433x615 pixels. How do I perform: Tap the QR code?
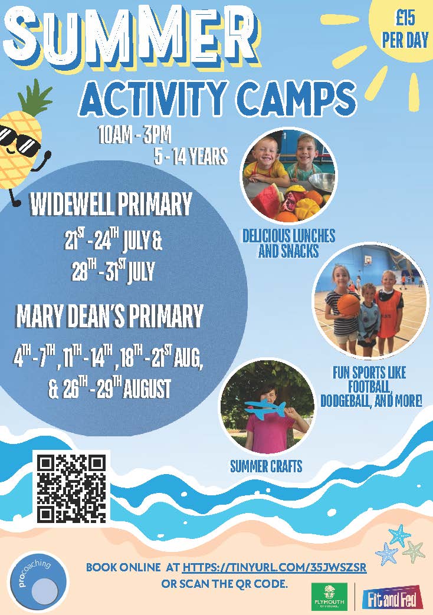coord(72,488)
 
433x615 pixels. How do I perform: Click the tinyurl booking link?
coord(274,567)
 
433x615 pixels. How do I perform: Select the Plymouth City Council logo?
coord(329,596)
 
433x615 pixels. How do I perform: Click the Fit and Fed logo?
coord(392,599)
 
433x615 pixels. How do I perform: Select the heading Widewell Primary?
coord(111,205)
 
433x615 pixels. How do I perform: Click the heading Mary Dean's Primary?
coord(109,316)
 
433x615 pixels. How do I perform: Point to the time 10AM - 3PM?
coord(135,136)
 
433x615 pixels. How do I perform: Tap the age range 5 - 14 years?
coord(191,156)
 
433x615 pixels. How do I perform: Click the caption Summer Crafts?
coord(266,466)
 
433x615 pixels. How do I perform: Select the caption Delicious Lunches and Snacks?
coord(288,243)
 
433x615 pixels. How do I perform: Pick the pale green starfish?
coord(412,551)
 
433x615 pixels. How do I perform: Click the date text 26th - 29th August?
coord(110,389)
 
